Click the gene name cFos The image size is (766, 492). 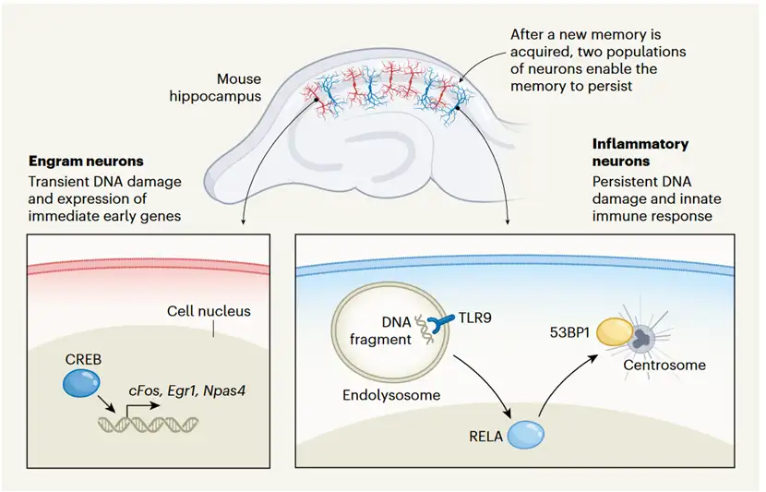(x=146, y=391)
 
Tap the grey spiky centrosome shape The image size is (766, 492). (x=643, y=340)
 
